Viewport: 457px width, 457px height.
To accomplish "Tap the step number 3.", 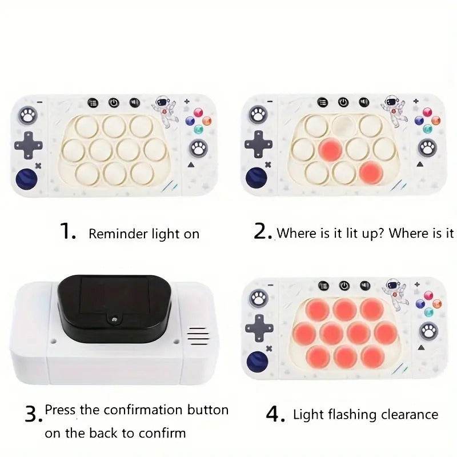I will [33, 413].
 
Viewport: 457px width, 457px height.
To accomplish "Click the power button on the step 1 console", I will [114, 103].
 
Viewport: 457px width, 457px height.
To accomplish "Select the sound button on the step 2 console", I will [363, 102].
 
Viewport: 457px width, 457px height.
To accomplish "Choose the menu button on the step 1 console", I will [94, 103].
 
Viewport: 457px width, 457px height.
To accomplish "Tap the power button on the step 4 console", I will [344, 285].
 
